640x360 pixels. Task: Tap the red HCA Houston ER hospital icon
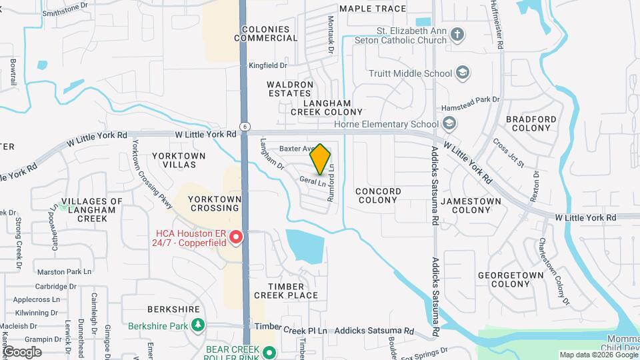pyautogui.click(x=235, y=237)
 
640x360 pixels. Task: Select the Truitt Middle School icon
pyautogui.click(x=463, y=73)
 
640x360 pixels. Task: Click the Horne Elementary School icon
pyautogui.click(x=449, y=123)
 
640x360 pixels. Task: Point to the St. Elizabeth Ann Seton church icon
pyautogui.click(x=457, y=35)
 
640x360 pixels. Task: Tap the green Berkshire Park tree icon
pyautogui.click(x=198, y=325)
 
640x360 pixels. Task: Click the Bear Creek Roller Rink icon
pyautogui.click(x=269, y=353)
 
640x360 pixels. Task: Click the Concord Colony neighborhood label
pyautogui.click(x=378, y=196)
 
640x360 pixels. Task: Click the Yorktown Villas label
pyautogui.click(x=179, y=159)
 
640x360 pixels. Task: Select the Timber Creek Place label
pyautogui.click(x=285, y=291)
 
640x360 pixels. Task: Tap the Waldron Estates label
pyautogui.click(x=290, y=89)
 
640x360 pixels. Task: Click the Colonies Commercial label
pyautogui.click(x=266, y=34)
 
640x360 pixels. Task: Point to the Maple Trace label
pyautogui.click(x=373, y=9)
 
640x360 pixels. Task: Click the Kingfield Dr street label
pyautogui.click(x=267, y=65)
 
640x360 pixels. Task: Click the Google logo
pyautogui.click(x=22, y=352)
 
